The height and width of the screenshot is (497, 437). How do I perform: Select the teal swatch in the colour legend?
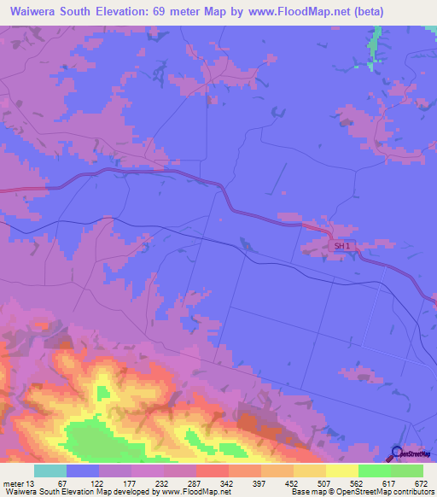50,471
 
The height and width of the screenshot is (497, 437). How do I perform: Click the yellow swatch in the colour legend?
342,471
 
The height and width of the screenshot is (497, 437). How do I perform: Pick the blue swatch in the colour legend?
83,471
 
